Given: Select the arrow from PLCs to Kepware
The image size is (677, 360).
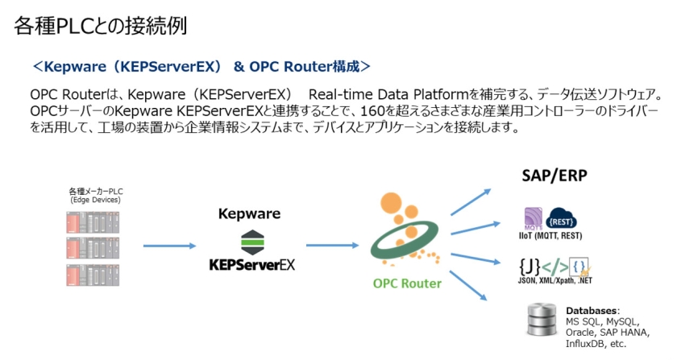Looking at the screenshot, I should [168, 246].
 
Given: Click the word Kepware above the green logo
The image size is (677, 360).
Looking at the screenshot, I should [250, 214].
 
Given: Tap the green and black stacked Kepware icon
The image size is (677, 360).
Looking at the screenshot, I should [251, 240].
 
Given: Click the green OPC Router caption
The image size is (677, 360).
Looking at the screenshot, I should [407, 283].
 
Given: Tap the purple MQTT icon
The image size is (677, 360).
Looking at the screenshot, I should [535, 217].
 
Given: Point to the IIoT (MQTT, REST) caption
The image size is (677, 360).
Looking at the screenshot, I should [553, 235].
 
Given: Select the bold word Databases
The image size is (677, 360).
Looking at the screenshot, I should [592, 310].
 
